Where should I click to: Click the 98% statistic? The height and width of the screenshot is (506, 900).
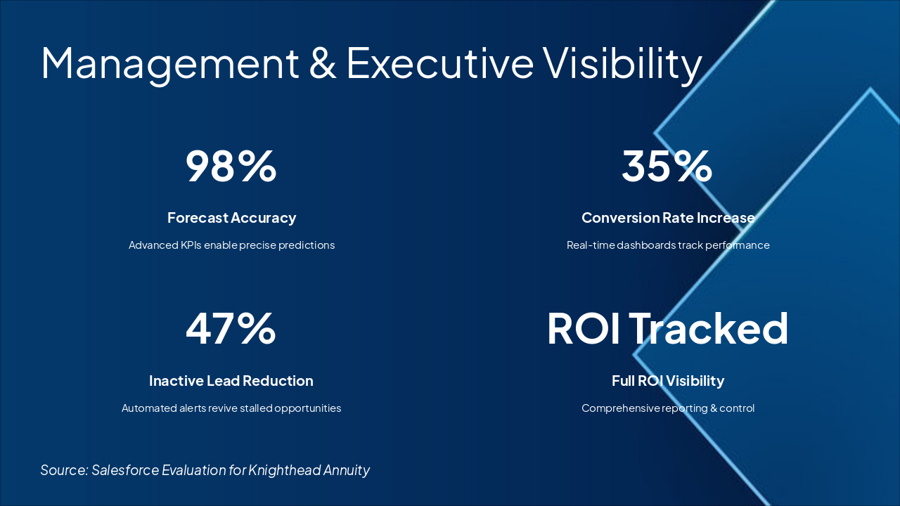[231, 166]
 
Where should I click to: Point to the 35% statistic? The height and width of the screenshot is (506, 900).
[667, 166]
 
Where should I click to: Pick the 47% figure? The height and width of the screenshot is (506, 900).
[231, 329]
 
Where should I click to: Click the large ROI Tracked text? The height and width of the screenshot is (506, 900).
[667, 329]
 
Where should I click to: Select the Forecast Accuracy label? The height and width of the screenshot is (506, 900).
[231, 218]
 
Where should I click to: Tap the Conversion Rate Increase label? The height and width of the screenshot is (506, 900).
[668, 218]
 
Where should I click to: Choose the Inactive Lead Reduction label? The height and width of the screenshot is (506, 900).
[231, 381]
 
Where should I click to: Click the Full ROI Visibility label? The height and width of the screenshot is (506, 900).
[668, 381]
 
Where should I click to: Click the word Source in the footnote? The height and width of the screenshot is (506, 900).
[63, 470]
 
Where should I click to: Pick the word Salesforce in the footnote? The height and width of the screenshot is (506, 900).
[125, 470]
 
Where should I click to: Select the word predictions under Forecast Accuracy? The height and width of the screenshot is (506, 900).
[307, 245]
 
